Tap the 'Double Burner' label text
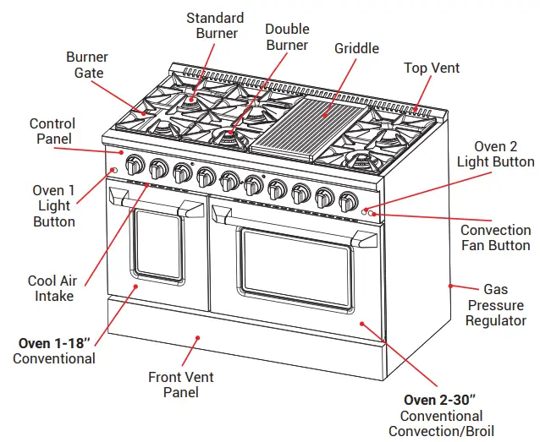pos(287,37)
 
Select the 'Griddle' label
pos(356,48)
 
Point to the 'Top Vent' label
pos(432,68)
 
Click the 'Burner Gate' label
pos(87,65)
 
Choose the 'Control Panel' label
pos(52,131)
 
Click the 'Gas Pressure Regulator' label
pos(495,305)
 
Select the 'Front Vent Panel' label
pos(181,385)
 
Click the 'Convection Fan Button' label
pos(496,237)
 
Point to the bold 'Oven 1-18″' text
pos(55,343)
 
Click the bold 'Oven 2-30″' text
pos(442,400)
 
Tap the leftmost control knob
pos(132,163)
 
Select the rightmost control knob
pos(348,201)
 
